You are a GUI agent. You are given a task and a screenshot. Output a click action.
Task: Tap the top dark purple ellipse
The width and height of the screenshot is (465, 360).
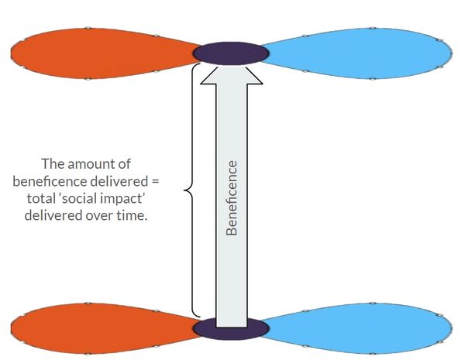(230, 53)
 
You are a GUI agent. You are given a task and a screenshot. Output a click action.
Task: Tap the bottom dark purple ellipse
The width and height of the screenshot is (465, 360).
(230, 328)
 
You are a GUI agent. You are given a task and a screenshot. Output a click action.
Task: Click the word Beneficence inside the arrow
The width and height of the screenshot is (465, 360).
(231, 197)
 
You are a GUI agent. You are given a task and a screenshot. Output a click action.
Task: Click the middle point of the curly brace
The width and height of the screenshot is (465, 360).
(184, 189)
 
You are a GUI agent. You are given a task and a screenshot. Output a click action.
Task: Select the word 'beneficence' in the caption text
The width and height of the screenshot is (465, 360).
(48, 181)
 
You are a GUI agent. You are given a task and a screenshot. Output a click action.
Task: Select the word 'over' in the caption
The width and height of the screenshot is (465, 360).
(104, 215)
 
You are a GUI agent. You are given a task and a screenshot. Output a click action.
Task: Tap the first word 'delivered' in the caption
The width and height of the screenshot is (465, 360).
(114, 181)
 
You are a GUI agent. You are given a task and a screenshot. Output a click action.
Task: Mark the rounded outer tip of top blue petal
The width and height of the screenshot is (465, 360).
(449, 53)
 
